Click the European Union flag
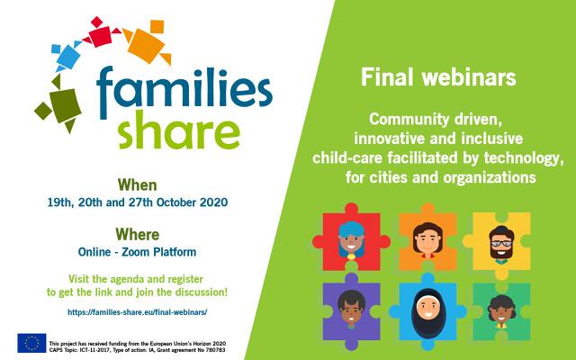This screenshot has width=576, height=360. [x=31, y=343]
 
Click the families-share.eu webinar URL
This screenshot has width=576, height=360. [x=138, y=312]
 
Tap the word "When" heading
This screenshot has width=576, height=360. [x=138, y=184]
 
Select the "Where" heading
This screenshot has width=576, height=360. [x=138, y=234]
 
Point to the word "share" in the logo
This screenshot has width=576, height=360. [x=179, y=130]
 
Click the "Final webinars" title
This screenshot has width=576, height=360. [x=438, y=77]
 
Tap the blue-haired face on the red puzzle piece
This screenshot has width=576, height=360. [x=351, y=239]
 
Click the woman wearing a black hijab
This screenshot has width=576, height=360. [x=428, y=313]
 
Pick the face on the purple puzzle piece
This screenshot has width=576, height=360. [x=351, y=308]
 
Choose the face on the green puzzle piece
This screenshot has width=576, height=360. [x=501, y=311]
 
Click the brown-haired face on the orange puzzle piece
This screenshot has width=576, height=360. [x=427, y=240]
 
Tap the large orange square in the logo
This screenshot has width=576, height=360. [x=146, y=46]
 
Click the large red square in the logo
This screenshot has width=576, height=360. [x=100, y=36]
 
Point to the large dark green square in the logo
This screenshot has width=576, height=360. [x=65, y=105]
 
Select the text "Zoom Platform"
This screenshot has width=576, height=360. [x=158, y=252]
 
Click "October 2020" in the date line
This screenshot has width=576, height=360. [x=192, y=202]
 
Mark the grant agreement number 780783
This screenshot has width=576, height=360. [x=216, y=350]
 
